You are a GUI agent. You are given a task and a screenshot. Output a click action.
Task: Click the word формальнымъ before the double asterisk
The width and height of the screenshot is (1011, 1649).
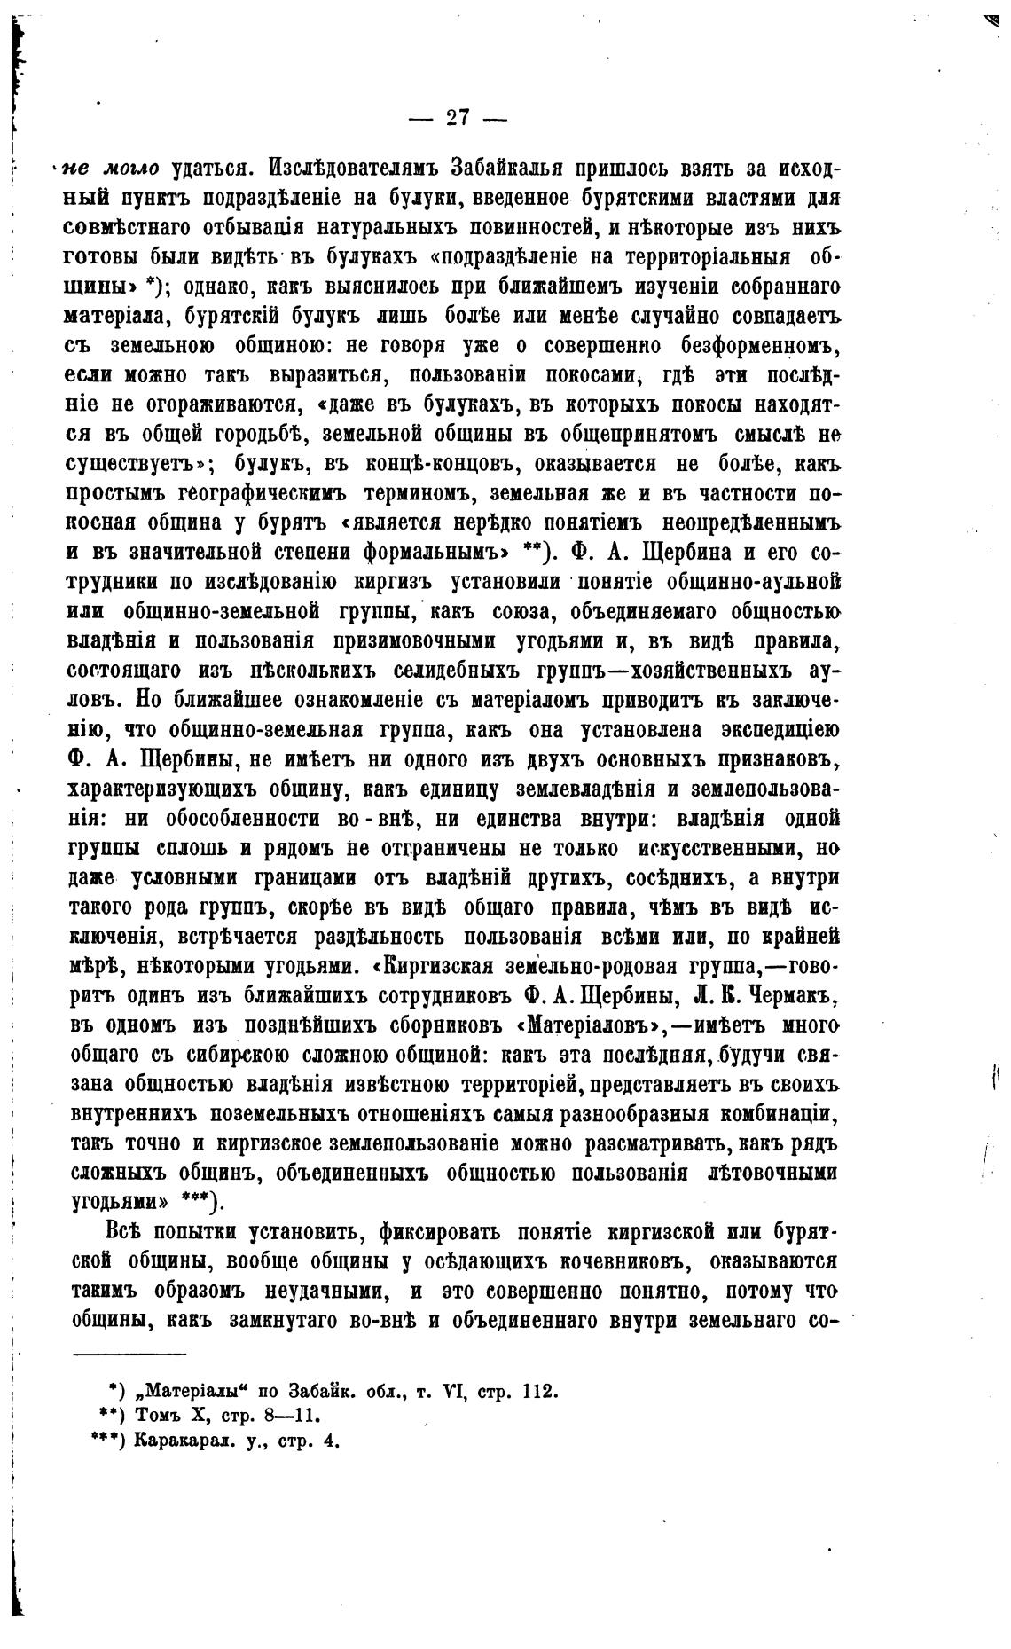[x=440, y=552]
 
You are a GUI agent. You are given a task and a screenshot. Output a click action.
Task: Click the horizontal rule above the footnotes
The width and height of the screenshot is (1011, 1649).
[x=129, y=1354]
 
